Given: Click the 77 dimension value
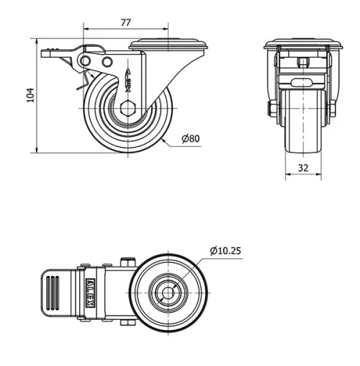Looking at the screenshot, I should [x=125, y=23].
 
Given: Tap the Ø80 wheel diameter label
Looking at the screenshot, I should [x=190, y=138].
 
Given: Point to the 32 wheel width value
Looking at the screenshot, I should [x=303, y=167].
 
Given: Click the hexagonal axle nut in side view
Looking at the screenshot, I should [x=127, y=110].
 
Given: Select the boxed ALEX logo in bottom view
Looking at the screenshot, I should [x=88, y=292].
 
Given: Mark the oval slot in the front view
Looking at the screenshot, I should [x=303, y=77].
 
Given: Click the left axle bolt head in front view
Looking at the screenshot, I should [x=271, y=109].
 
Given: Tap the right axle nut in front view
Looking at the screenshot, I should [x=333, y=109].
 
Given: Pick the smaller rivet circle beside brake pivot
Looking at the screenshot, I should [x=108, y=63].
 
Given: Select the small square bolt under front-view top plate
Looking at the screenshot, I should [x=303, y=61].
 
